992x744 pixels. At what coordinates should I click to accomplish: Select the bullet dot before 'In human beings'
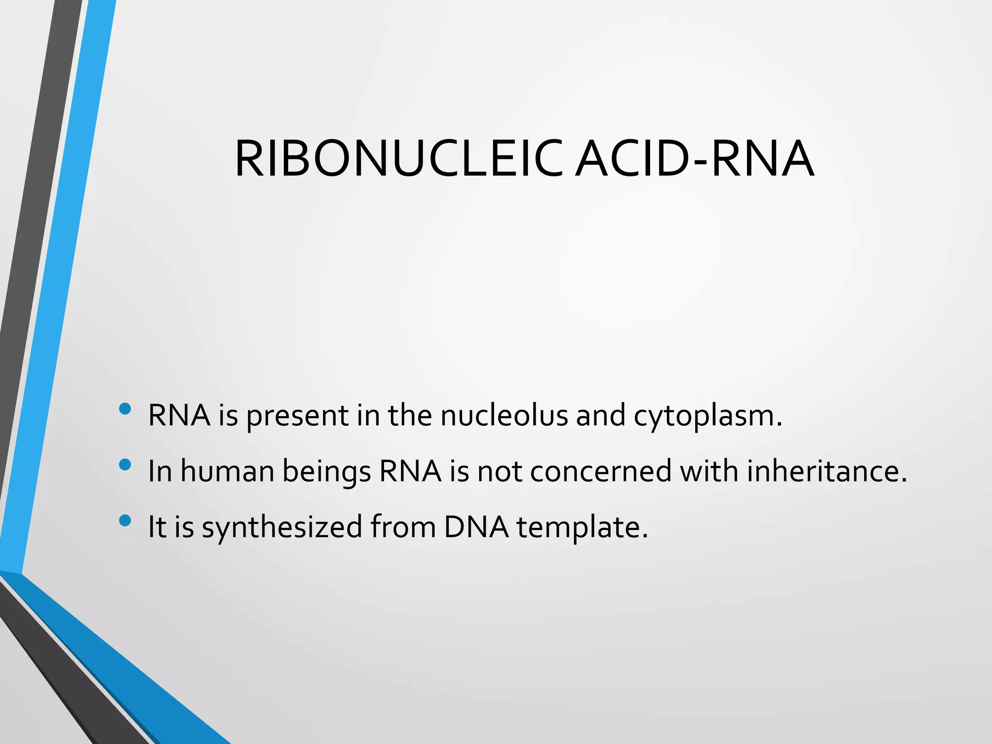tap(124, 465)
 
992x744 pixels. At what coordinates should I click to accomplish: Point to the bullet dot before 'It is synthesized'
tap(124, 521)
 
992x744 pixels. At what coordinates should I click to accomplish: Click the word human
tap(227, 471)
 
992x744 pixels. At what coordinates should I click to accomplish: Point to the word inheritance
tap(826, 471)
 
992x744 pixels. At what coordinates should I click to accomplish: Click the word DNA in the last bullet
tap(476, 527)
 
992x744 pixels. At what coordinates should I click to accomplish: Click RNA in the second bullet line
tap(410, 471)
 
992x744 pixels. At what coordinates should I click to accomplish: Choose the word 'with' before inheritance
tap(709, 471)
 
